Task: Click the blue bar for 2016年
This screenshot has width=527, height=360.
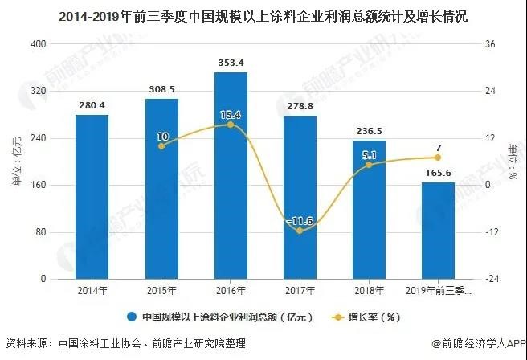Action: click(x=231, y=177)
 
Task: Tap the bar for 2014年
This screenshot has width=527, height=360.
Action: click(x=92, y=197)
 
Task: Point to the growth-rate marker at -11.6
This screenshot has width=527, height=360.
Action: click(x=300, y=231)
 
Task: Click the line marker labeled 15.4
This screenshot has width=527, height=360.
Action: click(x=231, y=125)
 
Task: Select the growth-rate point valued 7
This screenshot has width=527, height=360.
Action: click(x=438, y=157)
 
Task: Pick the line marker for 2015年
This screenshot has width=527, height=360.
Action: click(x=161, y=145)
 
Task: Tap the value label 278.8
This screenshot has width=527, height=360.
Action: click(x=300, y=107)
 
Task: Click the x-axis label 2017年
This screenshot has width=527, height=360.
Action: click(x=300, y=291)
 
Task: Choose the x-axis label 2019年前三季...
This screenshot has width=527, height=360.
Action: click(x=439, y=291)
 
